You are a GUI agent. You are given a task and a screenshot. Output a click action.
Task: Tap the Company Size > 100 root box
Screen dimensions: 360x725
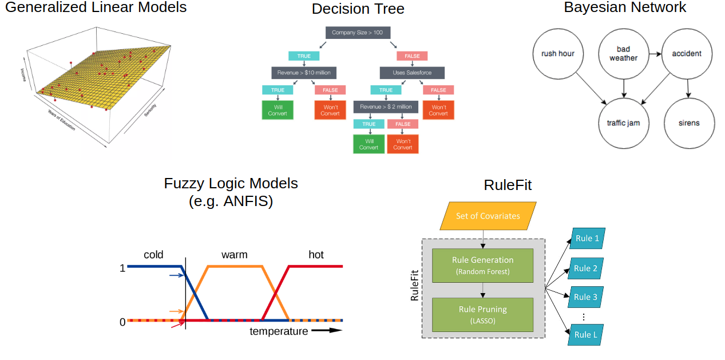[357, 33]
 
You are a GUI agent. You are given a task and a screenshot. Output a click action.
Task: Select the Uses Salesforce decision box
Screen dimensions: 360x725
[412, 73]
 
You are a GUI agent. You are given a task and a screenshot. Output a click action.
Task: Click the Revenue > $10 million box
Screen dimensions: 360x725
[304, 73]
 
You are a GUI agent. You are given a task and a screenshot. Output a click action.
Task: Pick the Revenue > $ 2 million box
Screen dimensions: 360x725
[386, 107]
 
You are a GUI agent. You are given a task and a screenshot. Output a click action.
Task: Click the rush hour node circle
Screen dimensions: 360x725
[558, 54]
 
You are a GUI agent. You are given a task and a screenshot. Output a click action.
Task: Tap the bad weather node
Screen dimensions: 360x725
[623, 54]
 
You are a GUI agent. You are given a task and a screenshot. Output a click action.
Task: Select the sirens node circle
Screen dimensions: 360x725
[689, 122]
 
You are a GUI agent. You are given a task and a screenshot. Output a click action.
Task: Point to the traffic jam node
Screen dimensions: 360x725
[623, 122]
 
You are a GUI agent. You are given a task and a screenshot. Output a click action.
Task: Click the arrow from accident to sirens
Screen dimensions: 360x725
[689, 88]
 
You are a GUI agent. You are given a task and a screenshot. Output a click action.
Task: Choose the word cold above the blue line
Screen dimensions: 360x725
[153, 255]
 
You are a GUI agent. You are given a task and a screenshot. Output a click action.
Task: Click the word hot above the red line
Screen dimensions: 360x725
[316, 255]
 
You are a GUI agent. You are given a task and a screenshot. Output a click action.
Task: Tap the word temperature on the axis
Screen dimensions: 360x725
[279, 331]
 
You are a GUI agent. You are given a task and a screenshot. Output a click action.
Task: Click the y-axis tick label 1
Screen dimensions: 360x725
[122, 267]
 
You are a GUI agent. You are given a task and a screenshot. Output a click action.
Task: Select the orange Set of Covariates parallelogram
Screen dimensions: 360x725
[488, 216]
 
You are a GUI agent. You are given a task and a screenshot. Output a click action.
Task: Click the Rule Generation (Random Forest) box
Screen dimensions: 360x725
[482, 265]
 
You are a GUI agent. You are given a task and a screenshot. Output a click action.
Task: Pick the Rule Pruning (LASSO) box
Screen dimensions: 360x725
[482, 314]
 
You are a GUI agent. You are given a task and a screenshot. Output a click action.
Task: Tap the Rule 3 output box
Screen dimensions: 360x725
[587, 297]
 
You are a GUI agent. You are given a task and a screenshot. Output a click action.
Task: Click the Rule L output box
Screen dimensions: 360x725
[587, 334]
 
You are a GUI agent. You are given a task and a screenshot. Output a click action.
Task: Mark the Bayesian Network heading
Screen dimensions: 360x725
[624, 7]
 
